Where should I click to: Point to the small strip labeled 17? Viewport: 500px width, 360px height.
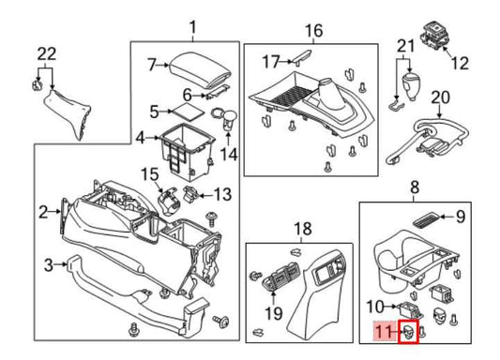coord(300,60)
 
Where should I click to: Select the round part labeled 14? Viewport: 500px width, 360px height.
coord(225,119)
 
